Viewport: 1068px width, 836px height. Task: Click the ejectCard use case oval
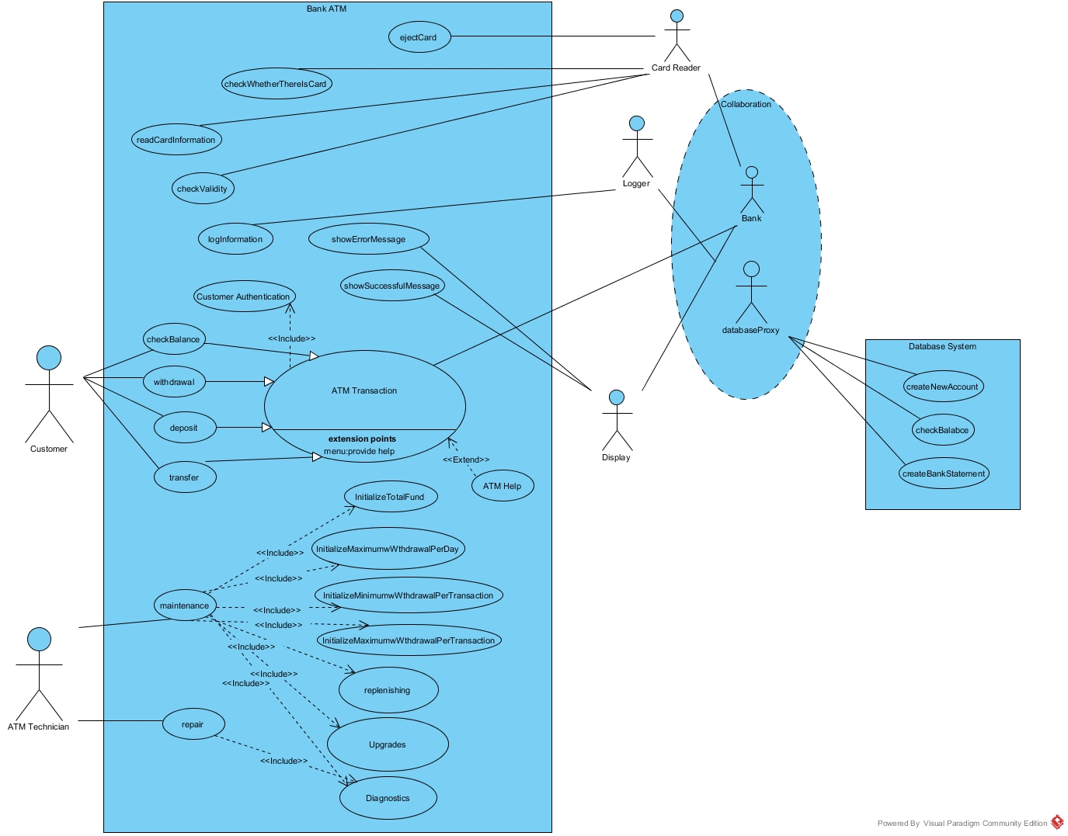pos(419,37)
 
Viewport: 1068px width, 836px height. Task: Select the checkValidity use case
pos(203,189)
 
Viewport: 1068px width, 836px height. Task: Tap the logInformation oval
pos(235,239)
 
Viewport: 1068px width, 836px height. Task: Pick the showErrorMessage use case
pos(368,239)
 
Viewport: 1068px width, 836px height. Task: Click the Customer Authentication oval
pos(244,297)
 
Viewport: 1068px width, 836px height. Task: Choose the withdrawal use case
pos(174,382)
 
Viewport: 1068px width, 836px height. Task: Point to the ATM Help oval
pos(502,486)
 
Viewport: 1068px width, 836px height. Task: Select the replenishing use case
pos(388,690)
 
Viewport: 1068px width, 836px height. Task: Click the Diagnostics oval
pos(388,798)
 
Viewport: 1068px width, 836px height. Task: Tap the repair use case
pos(193,724)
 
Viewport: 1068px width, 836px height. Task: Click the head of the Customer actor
pos(49,358)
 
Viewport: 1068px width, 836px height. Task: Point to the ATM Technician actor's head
pos(39,640)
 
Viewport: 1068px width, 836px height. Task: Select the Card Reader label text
pos(676,68)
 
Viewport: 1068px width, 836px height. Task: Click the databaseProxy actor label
pos(750,331)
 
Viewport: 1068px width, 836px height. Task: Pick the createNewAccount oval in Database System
pos(942,387)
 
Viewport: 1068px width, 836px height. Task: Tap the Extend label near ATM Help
pos(466,460)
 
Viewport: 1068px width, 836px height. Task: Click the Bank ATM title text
pos(326,9)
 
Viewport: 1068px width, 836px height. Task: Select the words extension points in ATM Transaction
pos(362,439)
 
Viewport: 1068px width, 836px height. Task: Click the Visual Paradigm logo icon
pos(1057,823)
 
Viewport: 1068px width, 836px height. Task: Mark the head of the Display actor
pos(617,397)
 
